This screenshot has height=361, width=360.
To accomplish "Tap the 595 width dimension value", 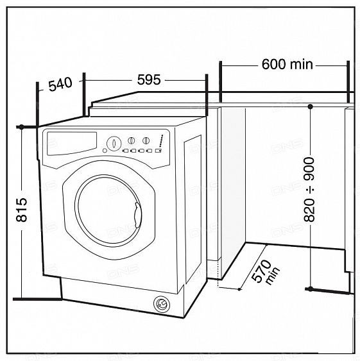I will point(149,80).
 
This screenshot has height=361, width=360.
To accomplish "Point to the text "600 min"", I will point(287,64).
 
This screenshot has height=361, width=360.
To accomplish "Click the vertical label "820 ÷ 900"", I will point(309,190).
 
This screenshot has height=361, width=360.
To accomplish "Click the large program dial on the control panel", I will point(113,142).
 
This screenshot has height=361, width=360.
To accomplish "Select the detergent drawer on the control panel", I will point(71,143).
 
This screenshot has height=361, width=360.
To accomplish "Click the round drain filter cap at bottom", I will point(161,303).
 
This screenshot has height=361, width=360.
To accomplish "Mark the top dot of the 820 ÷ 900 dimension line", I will point(309,106).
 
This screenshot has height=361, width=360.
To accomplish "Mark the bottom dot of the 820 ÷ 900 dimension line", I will point(309,289).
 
